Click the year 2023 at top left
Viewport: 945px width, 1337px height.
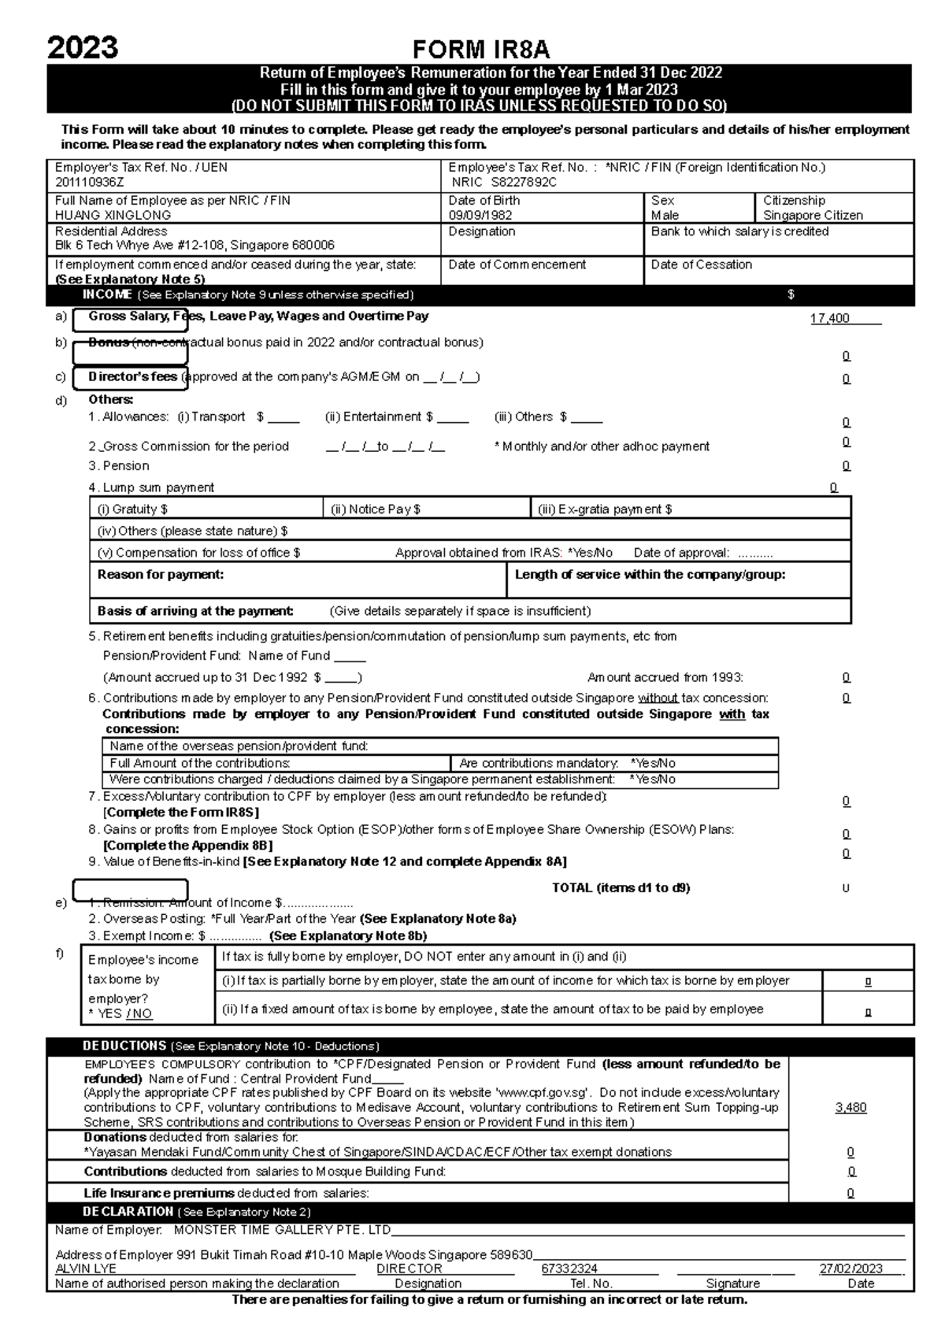[83, 48]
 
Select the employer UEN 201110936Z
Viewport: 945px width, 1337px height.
[90, 182]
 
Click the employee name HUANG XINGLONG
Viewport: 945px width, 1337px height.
[113, 215]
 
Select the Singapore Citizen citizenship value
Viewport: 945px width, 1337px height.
[813, 215]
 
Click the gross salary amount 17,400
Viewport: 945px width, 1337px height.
[830, 318]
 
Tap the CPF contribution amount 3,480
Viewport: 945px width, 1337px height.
[850, 1107]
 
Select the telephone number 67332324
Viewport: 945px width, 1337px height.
[569, 1268]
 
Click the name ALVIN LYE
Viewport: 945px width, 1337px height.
[86, 1268]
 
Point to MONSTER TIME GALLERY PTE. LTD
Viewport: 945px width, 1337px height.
[282, 1230]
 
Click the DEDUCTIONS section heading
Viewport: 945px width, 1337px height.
[124, 1046]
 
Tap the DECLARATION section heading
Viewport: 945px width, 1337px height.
[128, 1211]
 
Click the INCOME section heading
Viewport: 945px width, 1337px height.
[108, 294]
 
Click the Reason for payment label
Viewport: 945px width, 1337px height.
[161, 574]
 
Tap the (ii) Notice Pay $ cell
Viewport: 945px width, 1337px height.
[376, 509]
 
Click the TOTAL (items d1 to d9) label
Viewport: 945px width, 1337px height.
[621, 887]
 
